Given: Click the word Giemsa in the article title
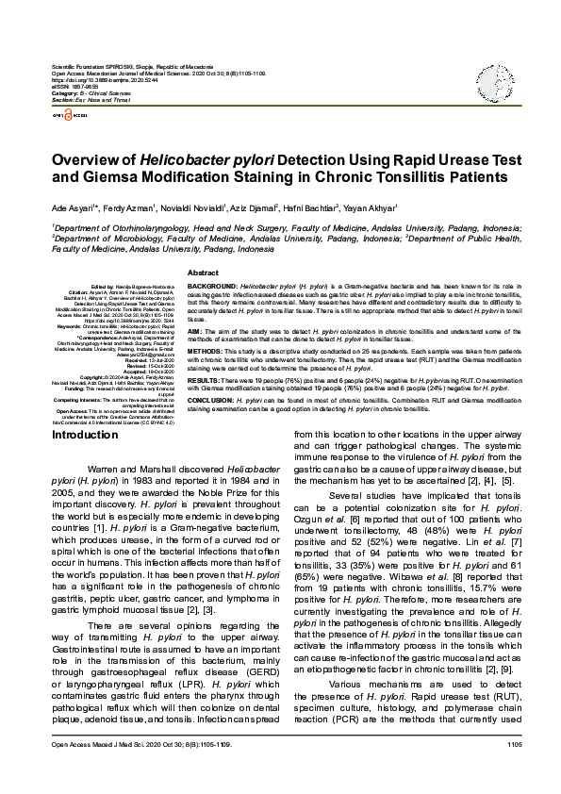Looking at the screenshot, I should click(98, 176).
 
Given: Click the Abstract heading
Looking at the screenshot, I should click(203, 272).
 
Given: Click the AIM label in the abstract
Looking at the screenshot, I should click(195, 333).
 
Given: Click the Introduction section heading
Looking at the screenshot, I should click(85, 436).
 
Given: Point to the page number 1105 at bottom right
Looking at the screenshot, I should click(514, 771).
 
